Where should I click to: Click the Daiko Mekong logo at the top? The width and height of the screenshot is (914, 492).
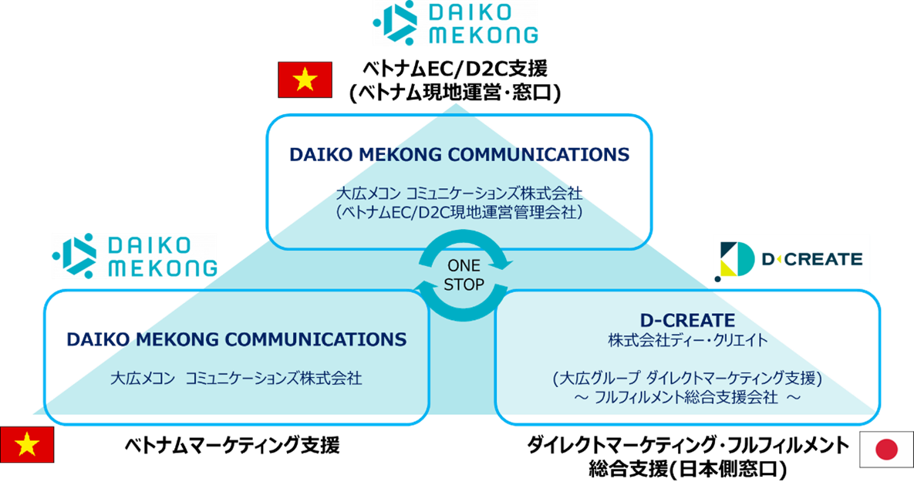click(x=455, y=23)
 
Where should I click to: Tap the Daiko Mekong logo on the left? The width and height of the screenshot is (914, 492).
click(x=134, y=256)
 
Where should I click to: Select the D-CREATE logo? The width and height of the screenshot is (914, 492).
click(x=791, y=259)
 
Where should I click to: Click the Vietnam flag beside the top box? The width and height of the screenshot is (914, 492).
click(x=305, y=79)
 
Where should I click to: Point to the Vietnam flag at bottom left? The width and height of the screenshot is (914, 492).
click(x=27, y=444)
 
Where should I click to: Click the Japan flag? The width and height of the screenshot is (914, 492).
click(x=886, y=450)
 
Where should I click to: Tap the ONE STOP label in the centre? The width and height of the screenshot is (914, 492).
click(x=464, y=275)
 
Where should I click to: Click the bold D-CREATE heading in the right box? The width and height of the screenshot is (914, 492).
click(x=687, y=320)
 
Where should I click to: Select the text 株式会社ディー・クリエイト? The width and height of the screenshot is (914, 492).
click(x=687, y=339)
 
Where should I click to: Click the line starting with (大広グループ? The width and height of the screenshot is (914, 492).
click(x=687, y=379)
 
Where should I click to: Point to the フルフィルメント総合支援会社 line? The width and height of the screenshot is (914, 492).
click(x=687, y=398)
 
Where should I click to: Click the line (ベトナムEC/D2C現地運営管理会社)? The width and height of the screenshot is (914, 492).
click(x=459, y=212)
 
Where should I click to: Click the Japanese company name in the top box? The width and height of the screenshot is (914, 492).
click(x=459, y=193)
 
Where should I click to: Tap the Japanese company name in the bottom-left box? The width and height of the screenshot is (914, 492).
click(x=236, y=379)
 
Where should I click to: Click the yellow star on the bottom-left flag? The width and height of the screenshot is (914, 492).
click(x=27, y=443)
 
